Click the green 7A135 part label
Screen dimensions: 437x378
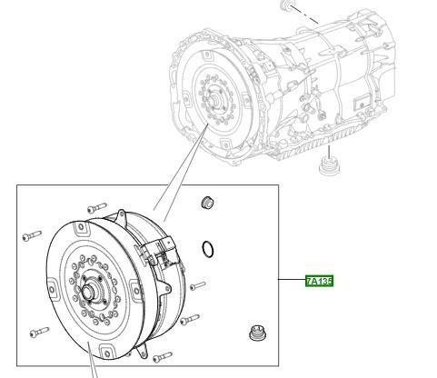coord(319,281)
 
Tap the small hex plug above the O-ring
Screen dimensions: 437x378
coord(207,203)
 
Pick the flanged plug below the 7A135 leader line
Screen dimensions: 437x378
coord(256,333)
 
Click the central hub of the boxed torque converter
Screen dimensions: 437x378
coord(88,292)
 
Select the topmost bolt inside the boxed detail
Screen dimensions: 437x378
coord(97,208)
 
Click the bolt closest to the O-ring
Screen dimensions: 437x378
coord(198,285)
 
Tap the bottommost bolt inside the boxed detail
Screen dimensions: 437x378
coord(163,357)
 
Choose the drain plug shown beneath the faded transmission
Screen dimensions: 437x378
coord(329,166)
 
